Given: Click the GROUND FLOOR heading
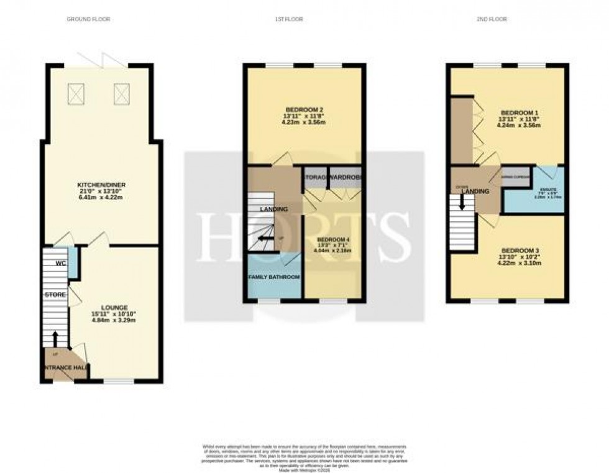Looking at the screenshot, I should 88,19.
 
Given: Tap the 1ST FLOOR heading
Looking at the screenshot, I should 288,19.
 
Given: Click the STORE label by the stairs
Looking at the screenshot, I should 55,294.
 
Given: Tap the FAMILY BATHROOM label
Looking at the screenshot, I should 274,277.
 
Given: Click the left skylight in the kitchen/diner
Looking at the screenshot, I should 78,94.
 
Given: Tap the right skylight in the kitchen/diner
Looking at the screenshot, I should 122,94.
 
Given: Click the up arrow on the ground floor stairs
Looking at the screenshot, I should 55,339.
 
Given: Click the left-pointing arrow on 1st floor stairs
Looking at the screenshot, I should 264,238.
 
